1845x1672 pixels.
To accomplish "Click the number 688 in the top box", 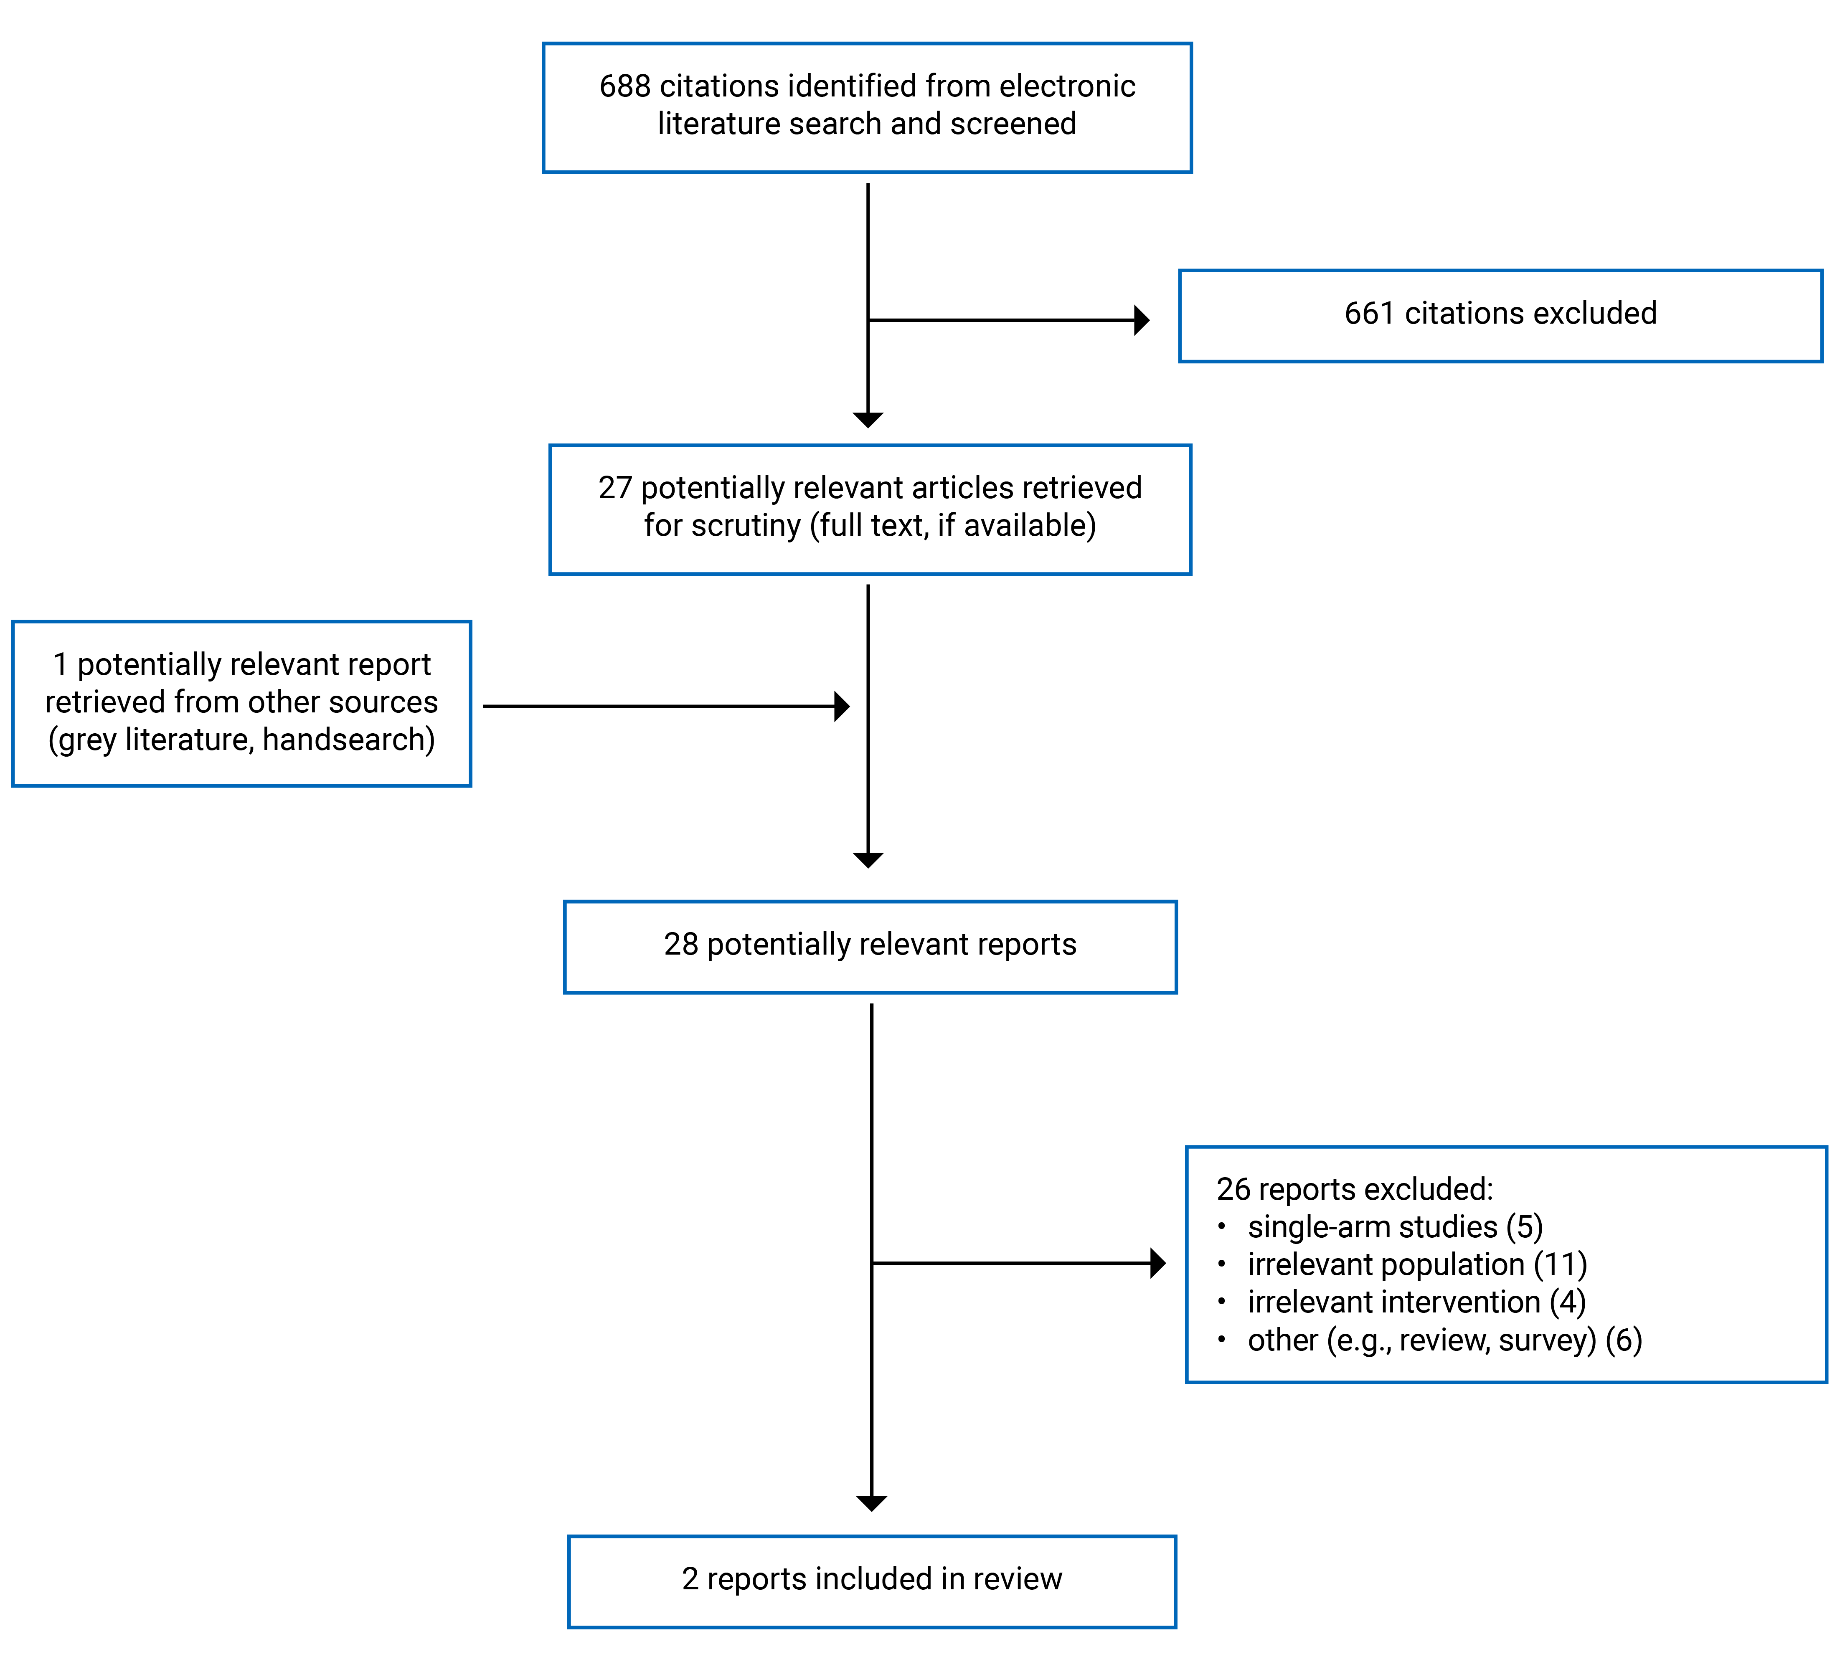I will click(x=625, y=86).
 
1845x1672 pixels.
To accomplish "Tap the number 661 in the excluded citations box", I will click(x=1370, y=313).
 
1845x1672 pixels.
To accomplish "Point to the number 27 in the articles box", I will click(x=615, y=488).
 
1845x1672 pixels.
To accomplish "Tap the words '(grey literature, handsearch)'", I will click(x=241, y=740).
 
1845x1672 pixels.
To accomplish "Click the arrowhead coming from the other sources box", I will click(x=842, y=707).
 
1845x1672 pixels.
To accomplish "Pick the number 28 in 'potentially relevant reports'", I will click(x=681, y=945).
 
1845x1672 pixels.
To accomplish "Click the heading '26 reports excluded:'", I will click(x=1355, y=1189).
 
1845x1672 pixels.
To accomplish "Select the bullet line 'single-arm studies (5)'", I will click(x=1395, y=1226).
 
